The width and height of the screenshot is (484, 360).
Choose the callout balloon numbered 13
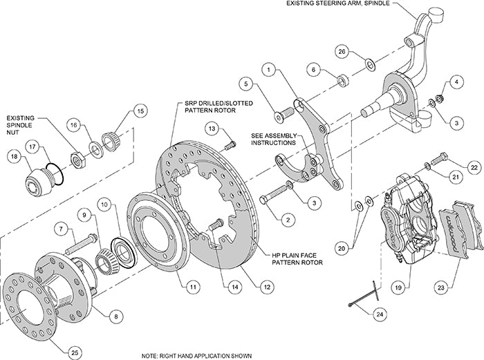point(212,129)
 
